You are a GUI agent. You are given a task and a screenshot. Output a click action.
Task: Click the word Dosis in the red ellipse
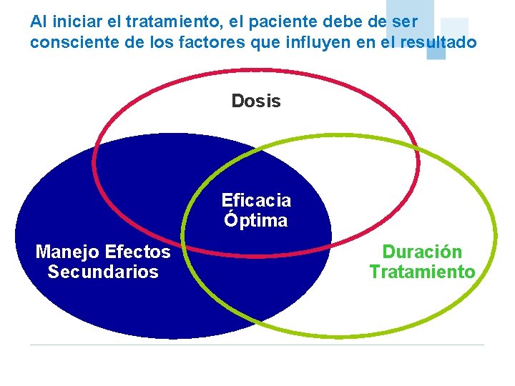[256, 102]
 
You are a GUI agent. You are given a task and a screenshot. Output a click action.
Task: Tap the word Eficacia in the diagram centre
[256, 199]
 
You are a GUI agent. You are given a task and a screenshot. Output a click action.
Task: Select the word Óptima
[255, 220]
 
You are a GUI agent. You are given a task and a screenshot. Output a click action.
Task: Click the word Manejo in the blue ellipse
[67, 252]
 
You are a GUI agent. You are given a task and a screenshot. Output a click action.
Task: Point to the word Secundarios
[103, 272]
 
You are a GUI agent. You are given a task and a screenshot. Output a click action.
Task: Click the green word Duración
[422, 252]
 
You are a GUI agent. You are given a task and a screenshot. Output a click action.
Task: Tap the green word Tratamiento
[422, 272]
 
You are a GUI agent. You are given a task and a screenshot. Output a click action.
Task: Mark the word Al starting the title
[38, 22]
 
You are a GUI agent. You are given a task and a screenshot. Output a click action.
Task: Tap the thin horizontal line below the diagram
[257, 345]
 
